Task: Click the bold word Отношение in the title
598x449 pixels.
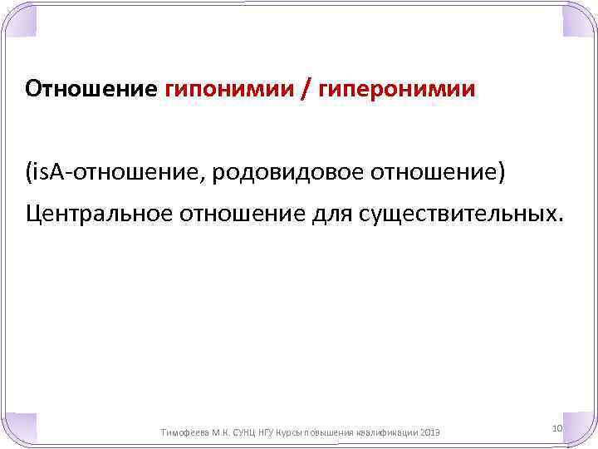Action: point(91,88)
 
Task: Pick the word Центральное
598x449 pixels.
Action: point(96,215)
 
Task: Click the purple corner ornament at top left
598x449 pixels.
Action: point(18,18)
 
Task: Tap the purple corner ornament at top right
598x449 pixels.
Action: point(579,18)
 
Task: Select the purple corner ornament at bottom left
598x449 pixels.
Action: point(18,430)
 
